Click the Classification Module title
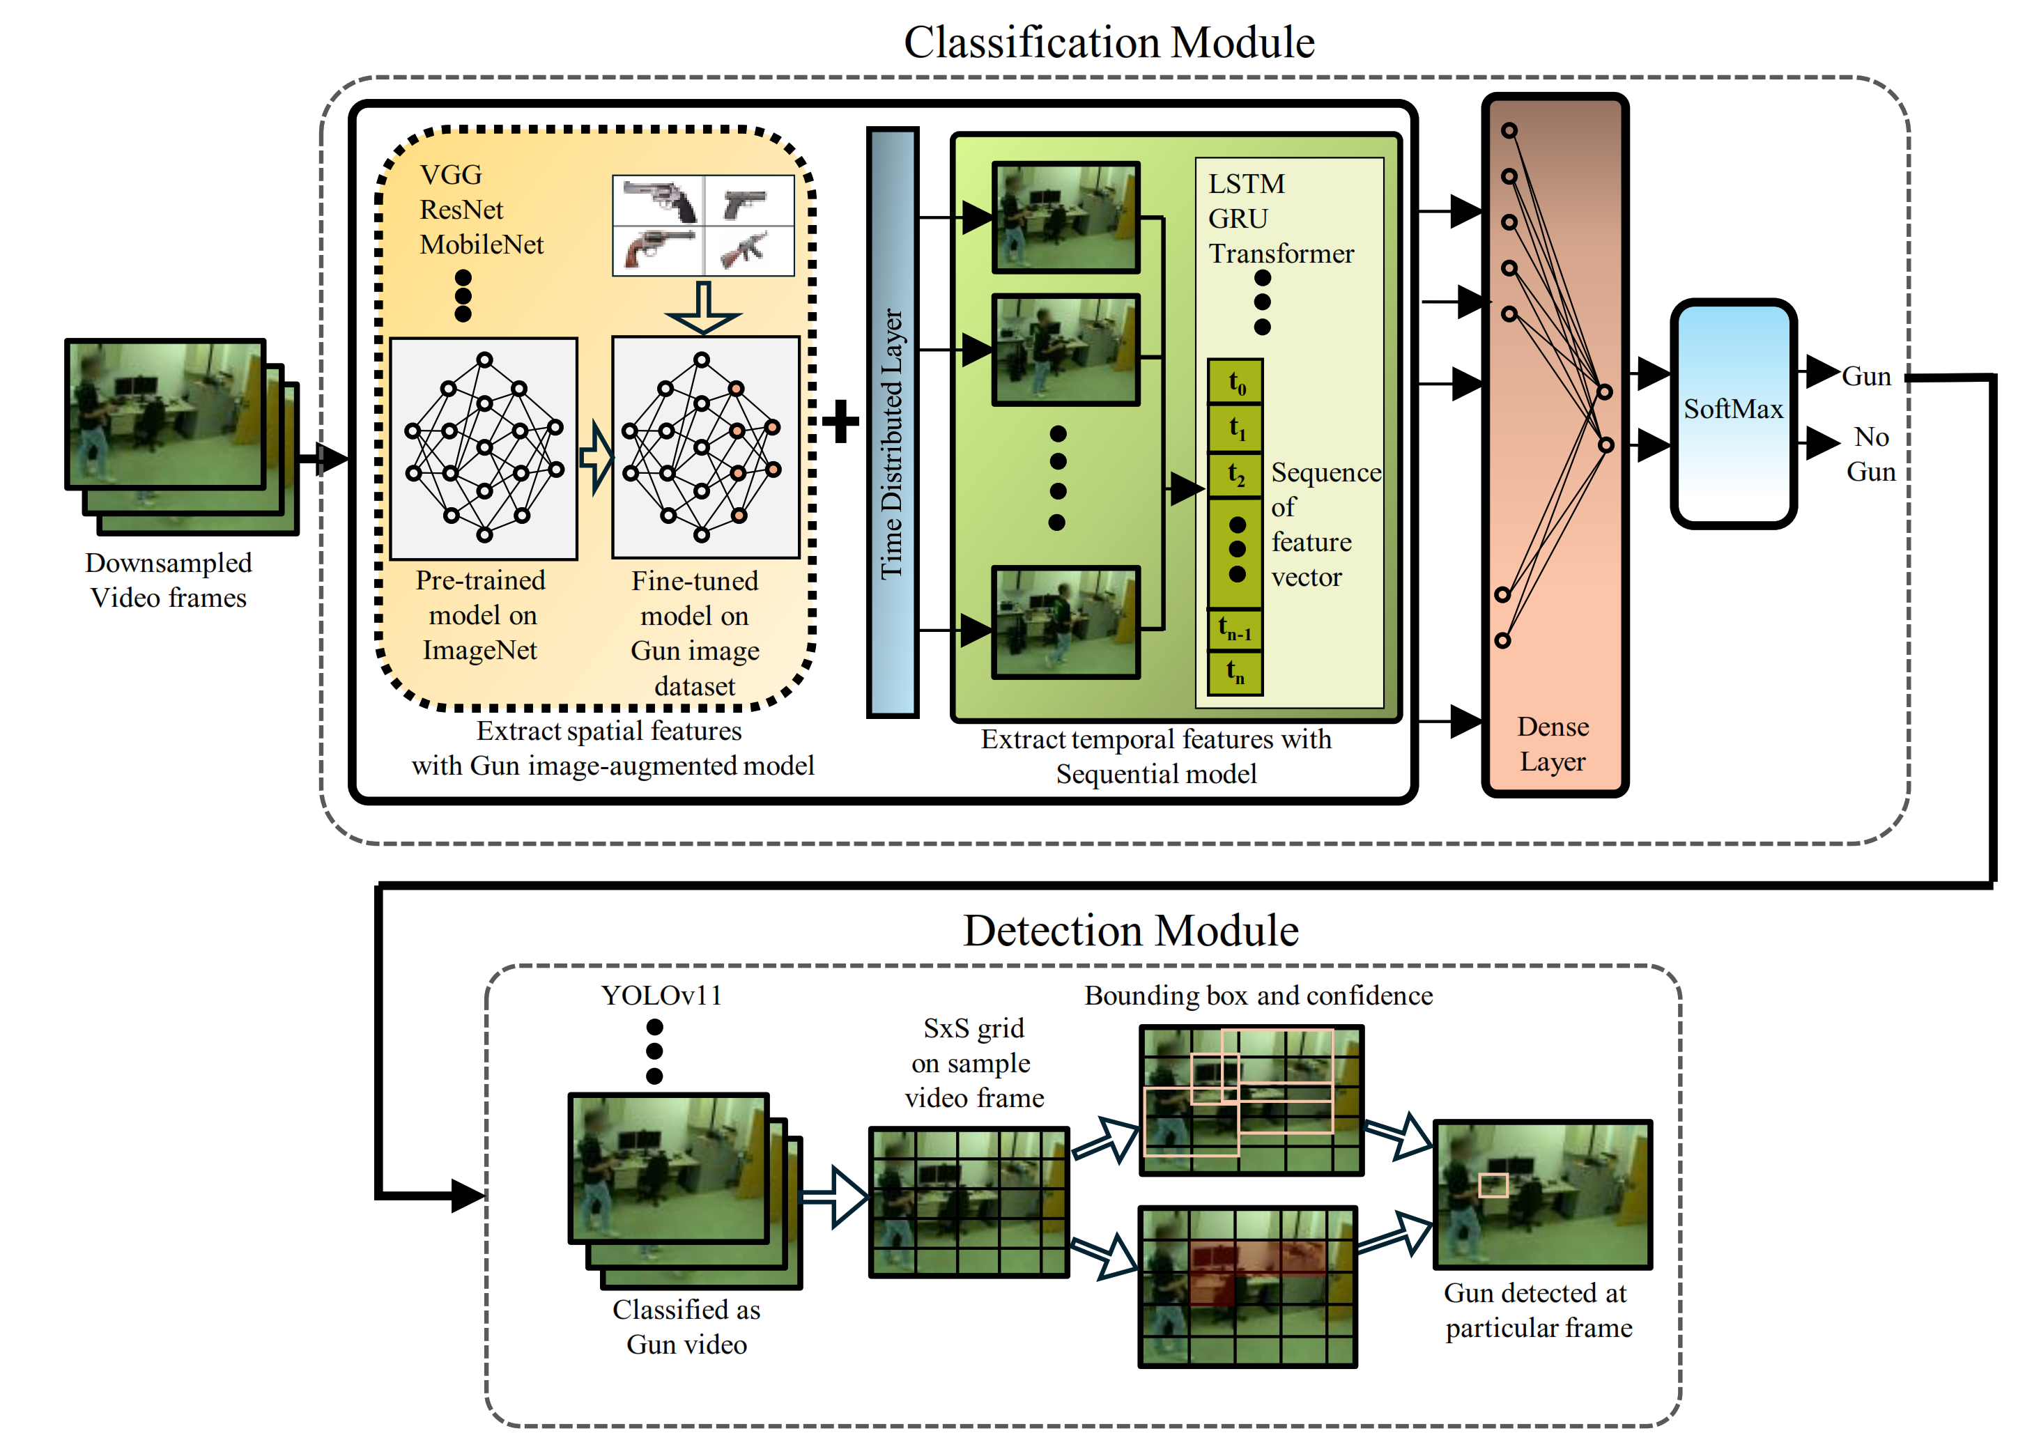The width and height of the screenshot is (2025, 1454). pos(1108,42)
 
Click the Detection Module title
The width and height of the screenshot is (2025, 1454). pos(1130,930)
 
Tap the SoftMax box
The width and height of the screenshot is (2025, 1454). pos(1732,412)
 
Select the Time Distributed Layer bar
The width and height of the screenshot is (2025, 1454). pos(892,423)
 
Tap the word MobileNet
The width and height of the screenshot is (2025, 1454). pos(482,245)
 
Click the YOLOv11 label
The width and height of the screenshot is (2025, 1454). pos(661,995)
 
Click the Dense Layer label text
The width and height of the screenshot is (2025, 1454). pos(1553,743)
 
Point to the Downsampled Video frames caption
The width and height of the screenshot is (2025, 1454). pos(168,580)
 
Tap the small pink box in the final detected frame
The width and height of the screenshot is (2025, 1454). pos(1492,1185)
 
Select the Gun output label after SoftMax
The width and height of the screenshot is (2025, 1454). pos(1866,377)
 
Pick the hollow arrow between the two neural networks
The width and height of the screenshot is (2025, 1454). pos(596,458)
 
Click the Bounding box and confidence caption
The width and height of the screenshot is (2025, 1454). pos(1258,995)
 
